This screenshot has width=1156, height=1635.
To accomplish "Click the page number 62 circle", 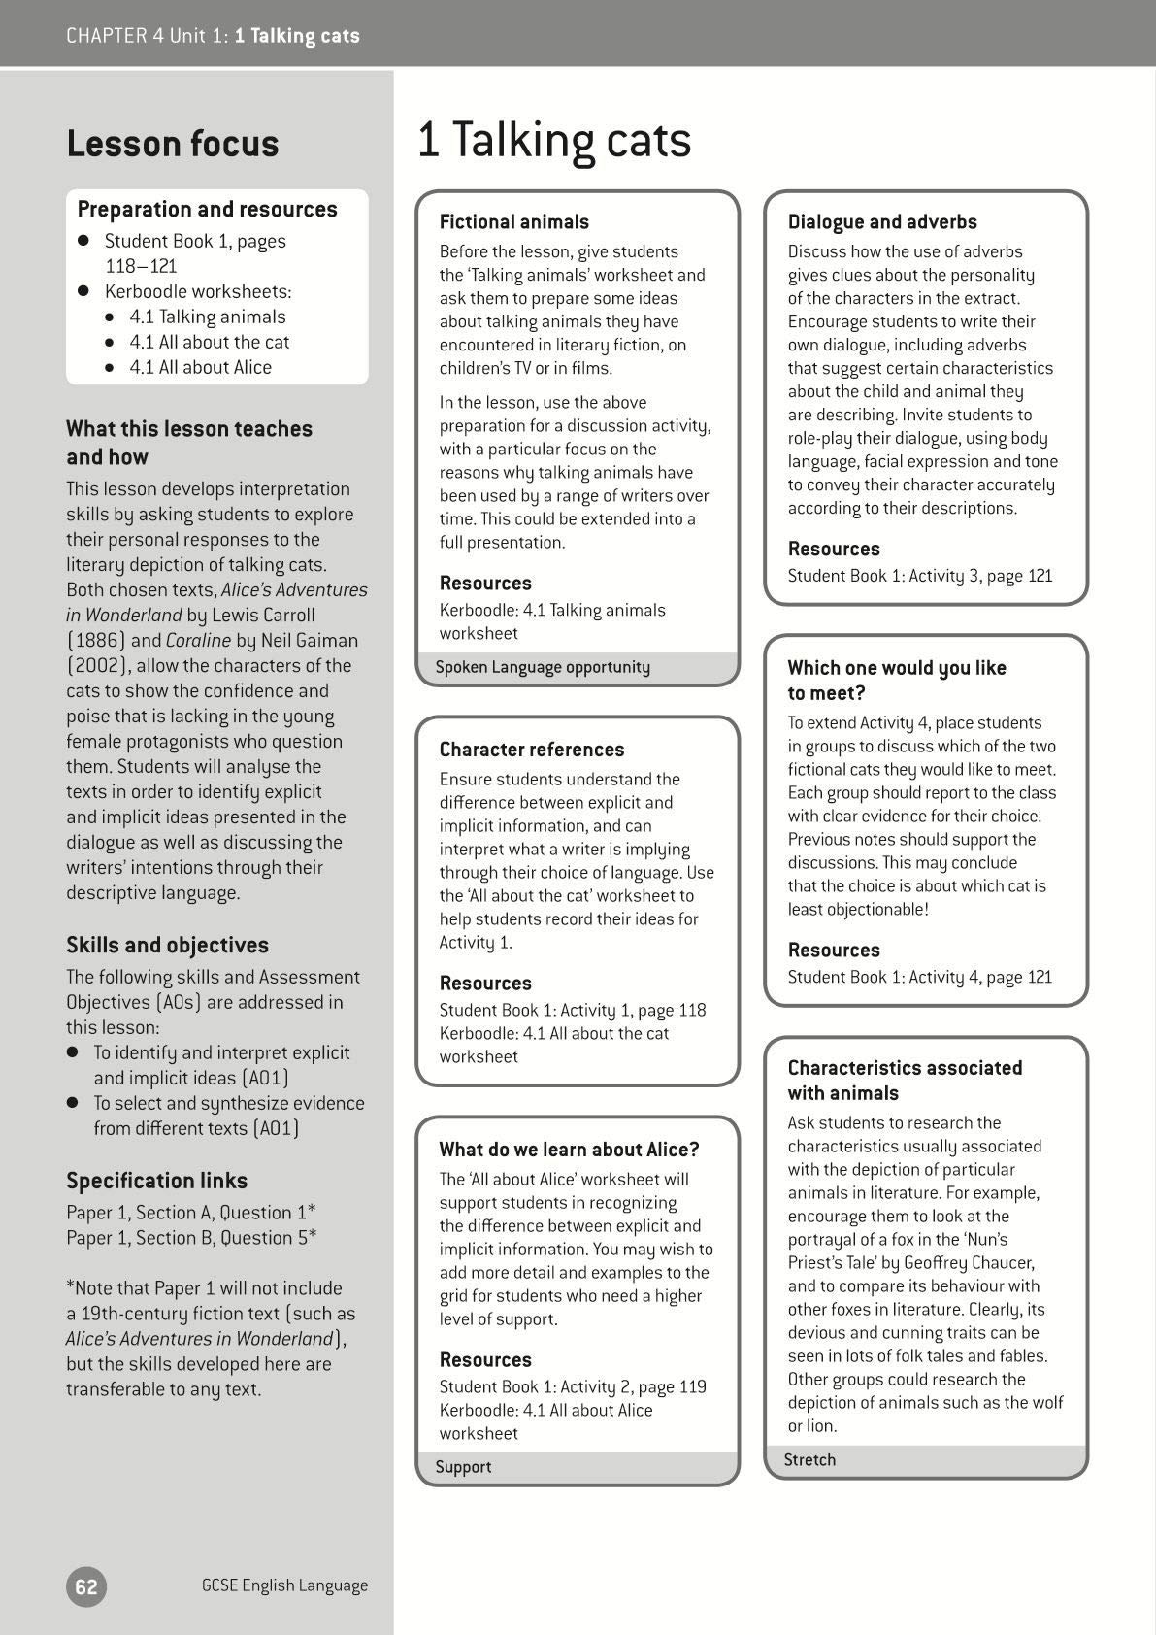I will coord(86,1586).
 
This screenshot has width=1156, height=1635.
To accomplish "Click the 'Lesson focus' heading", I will coord(173,144).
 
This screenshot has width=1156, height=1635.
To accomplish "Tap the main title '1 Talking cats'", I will coord(554,140).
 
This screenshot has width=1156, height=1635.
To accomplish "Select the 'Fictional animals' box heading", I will coord(514,222).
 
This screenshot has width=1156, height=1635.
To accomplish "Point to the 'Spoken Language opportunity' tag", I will coord(543,667).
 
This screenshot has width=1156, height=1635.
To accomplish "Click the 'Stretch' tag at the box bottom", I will coord(809,1459).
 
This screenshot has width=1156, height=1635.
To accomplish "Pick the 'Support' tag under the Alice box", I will coord(463,1466).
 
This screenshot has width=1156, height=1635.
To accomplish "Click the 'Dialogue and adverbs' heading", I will coord(882,222).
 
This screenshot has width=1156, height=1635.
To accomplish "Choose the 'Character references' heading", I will coord(532,750).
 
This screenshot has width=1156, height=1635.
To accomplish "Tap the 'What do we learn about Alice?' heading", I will coord(569,1150).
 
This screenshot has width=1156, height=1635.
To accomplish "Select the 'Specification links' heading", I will coord(156,1181).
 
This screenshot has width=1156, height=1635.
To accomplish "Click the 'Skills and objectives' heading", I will coord(167,945).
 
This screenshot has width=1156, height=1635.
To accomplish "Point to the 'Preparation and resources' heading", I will coord(207,209).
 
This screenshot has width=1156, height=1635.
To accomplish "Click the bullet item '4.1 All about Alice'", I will coord(201,367).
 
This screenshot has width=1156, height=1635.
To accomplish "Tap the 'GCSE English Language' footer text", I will coord(284,1585).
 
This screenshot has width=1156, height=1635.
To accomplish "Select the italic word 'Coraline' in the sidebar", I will coord(198,640).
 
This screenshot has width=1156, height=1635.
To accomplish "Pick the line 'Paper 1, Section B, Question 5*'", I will coord(191,1238).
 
